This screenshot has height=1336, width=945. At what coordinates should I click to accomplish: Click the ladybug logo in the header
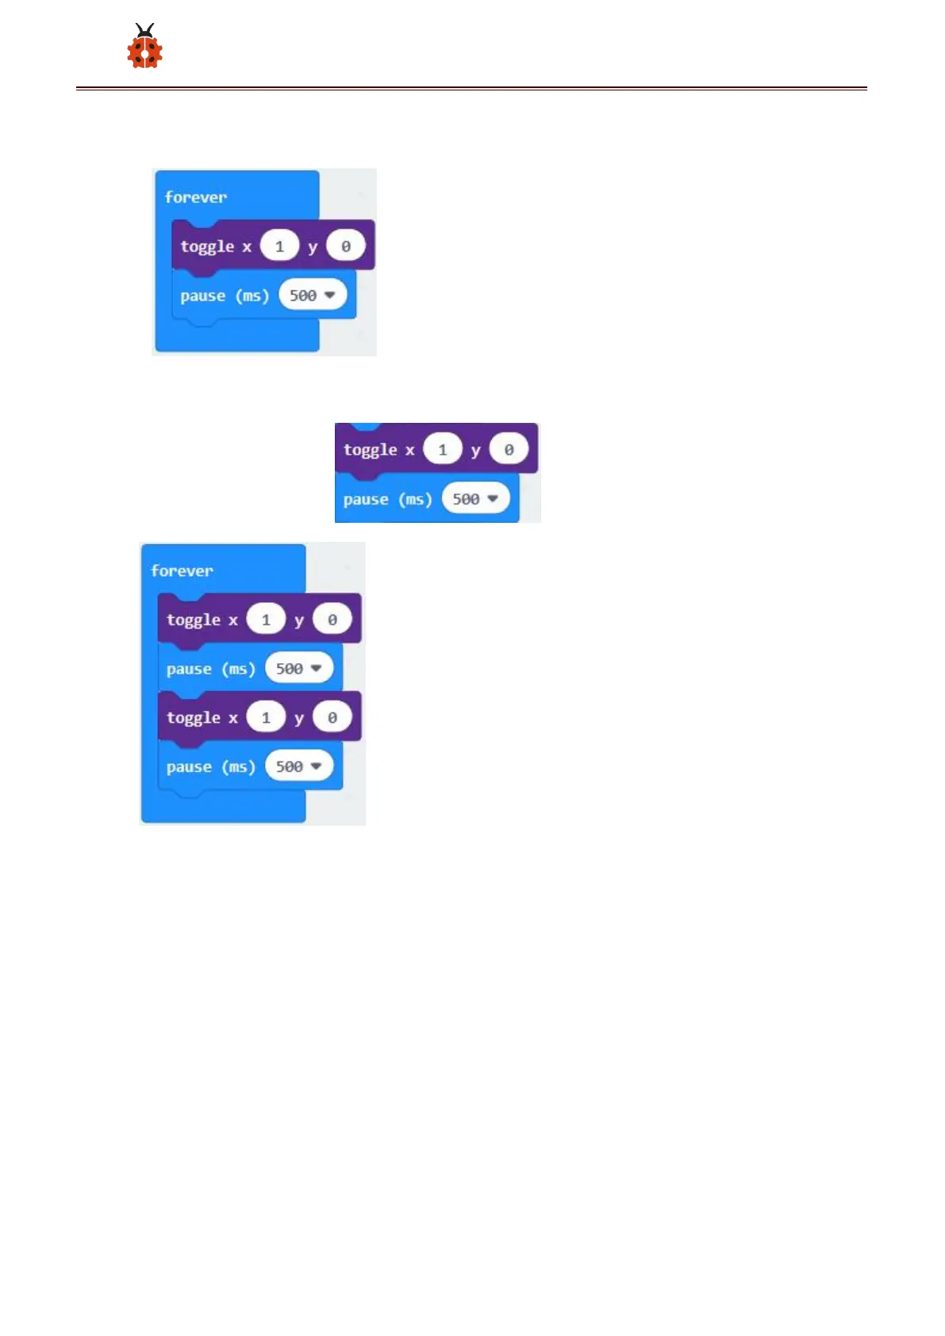[144, 47]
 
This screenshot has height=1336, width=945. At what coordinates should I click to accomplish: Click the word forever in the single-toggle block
[195, 197]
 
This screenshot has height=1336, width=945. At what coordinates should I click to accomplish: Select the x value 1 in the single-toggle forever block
[279, 246]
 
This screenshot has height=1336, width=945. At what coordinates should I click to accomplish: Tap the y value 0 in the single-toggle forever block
[346, 246]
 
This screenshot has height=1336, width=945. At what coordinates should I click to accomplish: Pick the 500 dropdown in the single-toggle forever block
[313, 295]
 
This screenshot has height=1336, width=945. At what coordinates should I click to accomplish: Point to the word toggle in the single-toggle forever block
[207, 247]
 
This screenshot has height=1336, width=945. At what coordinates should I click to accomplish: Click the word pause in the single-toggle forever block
[202, 296]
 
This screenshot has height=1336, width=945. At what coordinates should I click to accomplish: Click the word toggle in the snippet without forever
[370, 450]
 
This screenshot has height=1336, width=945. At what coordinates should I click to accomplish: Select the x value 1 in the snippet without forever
[443, 450]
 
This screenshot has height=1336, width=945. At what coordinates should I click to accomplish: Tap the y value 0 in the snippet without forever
[509, 450]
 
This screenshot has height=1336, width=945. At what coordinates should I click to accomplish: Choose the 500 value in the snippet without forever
[475, 499]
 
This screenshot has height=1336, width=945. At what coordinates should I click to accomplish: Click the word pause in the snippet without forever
[365, 500]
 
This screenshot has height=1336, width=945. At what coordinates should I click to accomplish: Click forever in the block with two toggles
[182, 570]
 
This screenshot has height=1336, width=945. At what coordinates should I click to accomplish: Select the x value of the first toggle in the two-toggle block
[266, 620]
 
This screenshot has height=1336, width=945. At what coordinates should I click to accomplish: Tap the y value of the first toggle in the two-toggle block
[332, 620]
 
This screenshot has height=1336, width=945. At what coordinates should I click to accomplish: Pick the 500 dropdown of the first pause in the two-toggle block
[299, 669]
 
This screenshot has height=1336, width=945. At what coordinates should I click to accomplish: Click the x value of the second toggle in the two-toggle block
[266, 717]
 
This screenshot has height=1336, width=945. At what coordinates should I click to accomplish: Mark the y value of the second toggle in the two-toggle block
[332, 717]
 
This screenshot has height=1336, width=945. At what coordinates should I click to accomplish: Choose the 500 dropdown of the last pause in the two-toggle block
[299, 766]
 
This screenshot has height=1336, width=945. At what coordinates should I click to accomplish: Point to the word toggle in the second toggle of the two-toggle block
[193, 718]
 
